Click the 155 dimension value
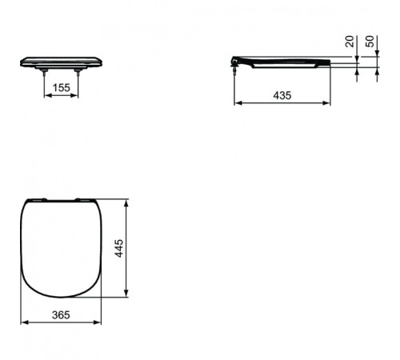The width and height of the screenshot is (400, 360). click(x=61, y=87)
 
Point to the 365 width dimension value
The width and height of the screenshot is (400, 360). click(x=61, y=314)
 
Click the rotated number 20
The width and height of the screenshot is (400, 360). click(x=349, y=42)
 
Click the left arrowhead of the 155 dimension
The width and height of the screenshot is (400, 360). click(x=45, y=96)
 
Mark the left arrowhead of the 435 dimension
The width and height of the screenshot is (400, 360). click(x=234, y=103)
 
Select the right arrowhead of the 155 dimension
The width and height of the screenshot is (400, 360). click(x=77, y=96)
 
